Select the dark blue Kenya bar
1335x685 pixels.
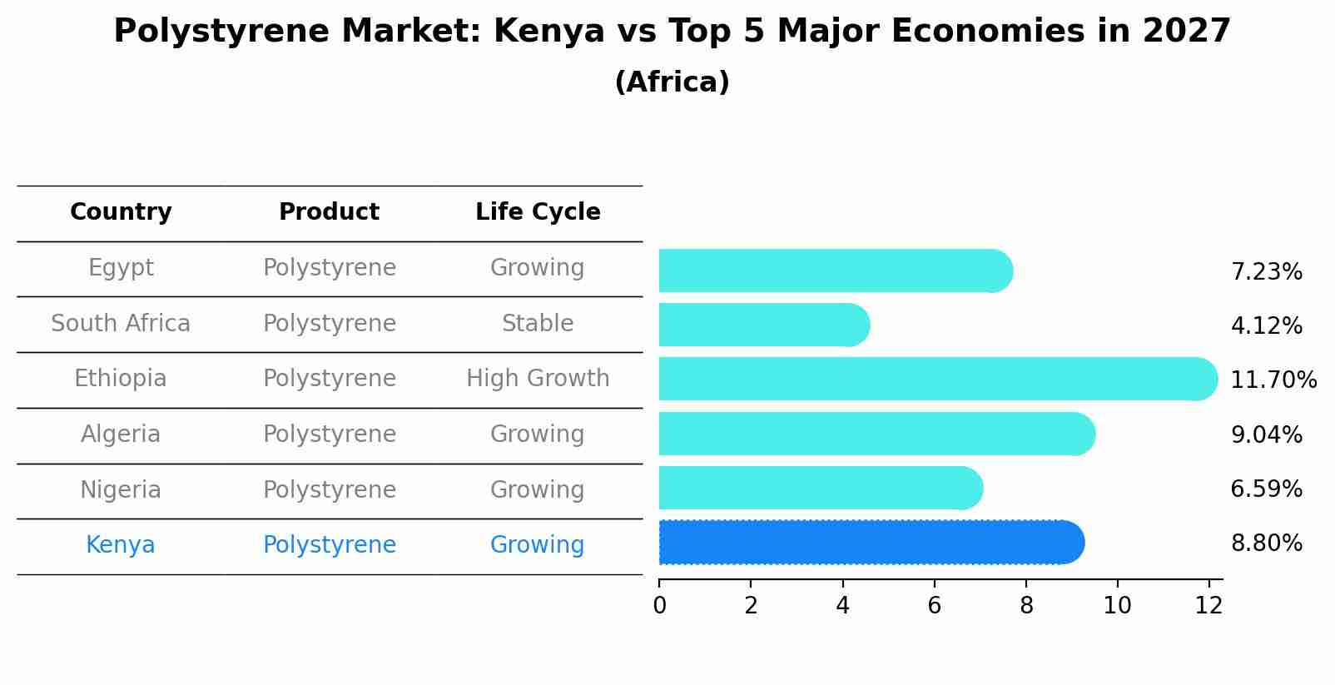click(x=870, y=543)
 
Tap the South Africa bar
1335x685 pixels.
click(x=762, y=325)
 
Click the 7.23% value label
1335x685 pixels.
click(x=1266, y=272)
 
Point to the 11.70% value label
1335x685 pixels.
click(x=1273, y=380)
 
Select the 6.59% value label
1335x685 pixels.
click(x=1266, y=489)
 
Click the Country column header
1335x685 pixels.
click(x=121, y=212)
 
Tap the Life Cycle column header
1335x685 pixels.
click(x=538, y=212)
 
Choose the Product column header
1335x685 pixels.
click(x=329, y=212)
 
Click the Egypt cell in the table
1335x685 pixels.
click(x=121, y=268)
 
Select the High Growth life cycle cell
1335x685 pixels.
click(x=538, y=379)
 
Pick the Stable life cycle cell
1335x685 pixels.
click(x=538, y=324)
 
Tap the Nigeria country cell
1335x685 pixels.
click(x=121, y=490)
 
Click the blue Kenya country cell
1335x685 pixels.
click(x=121, y=545)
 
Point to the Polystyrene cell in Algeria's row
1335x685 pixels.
click(x=329, y=434)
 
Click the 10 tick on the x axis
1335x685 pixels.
click(x=1117, y=606)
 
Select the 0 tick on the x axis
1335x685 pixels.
click(x=659, y=606)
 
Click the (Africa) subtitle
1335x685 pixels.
click(x=672, y=82)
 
